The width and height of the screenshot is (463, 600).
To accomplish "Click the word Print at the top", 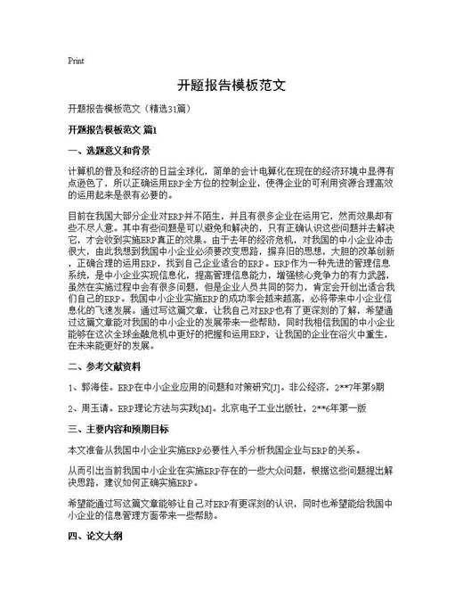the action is pyautogui.click(x=76, y=62).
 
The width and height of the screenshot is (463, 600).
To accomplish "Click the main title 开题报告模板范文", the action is pyautogui.click(x=231, y=86).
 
